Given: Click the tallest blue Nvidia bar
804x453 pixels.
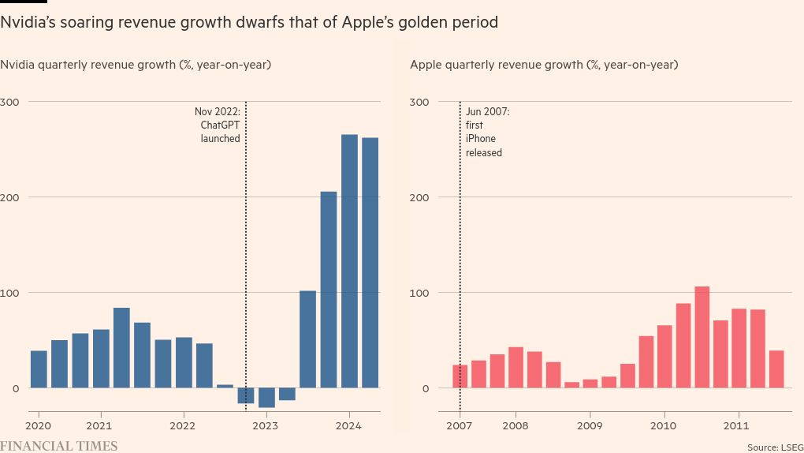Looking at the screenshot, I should click(349, 260).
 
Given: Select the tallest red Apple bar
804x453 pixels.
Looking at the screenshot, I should click(702, 337).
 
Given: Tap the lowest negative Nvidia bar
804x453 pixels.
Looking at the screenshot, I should click(266, 398).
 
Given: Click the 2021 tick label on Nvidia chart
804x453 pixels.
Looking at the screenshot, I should click(100, 424).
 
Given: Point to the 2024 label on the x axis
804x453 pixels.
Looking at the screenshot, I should click(348, 424).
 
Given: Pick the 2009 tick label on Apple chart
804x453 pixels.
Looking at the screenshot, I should click(590, 424).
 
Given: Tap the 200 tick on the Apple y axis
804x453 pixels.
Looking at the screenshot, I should click(419, 197).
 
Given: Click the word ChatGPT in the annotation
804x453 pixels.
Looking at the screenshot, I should click(220, 125).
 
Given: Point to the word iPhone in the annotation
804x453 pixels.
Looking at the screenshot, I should click(481, 139).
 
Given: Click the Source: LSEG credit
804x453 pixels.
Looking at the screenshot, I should click(775, 447).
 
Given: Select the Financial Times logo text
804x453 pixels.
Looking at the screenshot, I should click(59, 446).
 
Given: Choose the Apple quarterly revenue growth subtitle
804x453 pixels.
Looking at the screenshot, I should click(544, 65).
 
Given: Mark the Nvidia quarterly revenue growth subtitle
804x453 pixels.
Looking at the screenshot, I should click(136, 65).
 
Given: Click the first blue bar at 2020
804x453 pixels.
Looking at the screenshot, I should click(39, 369).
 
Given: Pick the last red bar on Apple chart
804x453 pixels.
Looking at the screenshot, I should click(776, 369).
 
